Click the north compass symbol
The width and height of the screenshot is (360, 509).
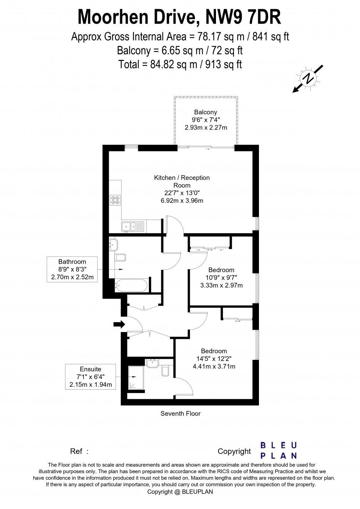point(308,78)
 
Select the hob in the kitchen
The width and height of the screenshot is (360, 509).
point(115,201)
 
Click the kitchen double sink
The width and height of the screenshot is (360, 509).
point(133,227)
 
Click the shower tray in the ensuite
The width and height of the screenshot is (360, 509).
point(136,377)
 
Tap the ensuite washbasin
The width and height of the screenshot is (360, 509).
point(152,364)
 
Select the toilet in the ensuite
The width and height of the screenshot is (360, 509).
point(165,371)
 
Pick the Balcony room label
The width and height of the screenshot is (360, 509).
point(206,112)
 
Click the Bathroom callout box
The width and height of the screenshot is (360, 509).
point(72,269)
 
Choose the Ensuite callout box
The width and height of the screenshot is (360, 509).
point(90,377)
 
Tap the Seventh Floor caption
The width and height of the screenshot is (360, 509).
point(180,414)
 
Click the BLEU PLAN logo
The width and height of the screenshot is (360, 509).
point(278,451)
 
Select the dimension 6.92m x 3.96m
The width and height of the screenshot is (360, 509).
point(182,201)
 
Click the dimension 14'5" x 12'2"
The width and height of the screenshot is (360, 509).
point(213,358)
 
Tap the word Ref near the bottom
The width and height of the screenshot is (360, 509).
point(76,451)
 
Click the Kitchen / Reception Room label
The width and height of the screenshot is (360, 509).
point(182,181)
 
